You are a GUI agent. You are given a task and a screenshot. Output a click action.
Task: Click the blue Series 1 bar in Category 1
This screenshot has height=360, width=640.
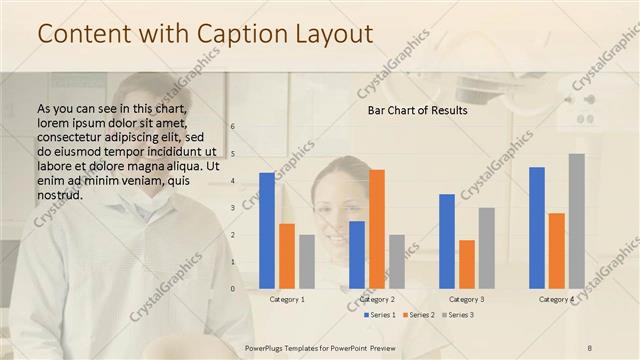pyautogui.click(x=267, y=231)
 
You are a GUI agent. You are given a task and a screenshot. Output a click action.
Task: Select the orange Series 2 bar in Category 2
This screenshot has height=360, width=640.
pyautogui.click(x=377, y=229)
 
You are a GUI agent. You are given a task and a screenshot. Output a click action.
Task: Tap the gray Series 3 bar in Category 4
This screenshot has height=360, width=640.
pyautogui.click(x=577, y=221)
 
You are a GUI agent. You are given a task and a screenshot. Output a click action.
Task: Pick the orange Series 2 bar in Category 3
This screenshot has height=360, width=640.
pyautogui.click(x=467, y=264)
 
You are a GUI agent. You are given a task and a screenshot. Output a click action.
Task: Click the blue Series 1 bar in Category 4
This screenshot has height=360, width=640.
pyautogui.click(x=537, y=228)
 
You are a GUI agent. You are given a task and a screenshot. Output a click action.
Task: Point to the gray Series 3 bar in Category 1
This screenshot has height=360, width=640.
pyautogui.click(x=307, y=262)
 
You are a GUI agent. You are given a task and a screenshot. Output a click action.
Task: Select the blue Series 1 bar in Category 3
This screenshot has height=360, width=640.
pyautogui.click(x=447, y=241)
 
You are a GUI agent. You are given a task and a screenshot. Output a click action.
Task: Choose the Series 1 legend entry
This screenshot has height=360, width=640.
pyautogui.click(x=380, y=315)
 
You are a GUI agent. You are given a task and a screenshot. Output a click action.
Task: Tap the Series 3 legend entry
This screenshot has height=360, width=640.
pyautogui.click(x=458, y=315)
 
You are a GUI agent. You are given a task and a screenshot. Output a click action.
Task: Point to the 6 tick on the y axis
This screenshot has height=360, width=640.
pyautogui.click(x=232, y=127)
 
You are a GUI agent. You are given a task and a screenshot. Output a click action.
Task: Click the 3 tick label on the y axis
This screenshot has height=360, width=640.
pyautogui.click(x=232, y=208)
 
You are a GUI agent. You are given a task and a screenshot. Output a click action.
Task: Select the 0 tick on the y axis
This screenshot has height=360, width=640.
pyautogui.click(x=232, y=289)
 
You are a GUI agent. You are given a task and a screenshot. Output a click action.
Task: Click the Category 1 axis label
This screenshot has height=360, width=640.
pyautogui.click(x=287, y=299)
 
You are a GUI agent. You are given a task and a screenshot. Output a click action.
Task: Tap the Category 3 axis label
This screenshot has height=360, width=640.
pyautogui.click(x=467, y=299)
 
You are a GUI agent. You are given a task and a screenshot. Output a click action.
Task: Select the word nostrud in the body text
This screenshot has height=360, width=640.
pyautogui.click(x=59, y=195)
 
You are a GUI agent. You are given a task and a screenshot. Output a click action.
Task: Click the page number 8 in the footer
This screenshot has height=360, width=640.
pyautogui.click(x=590, y=347)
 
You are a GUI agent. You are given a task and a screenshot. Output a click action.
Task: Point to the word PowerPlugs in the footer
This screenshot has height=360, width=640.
pyautogui.click(x=269, y=347)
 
